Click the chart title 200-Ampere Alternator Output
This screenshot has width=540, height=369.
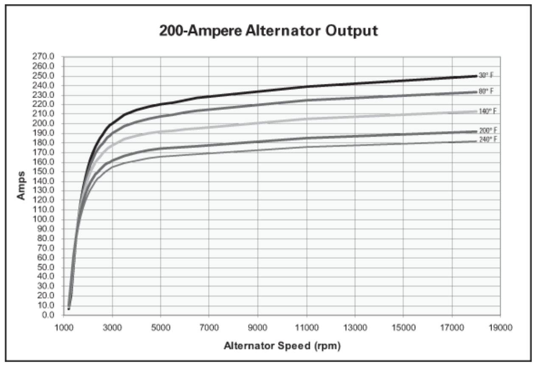(268, 31)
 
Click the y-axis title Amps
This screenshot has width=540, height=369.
(21, 186)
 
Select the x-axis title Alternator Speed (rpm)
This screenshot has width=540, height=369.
(282, 346)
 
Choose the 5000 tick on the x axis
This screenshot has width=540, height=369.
(160, 328)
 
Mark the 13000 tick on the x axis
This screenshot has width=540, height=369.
(354, 328)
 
